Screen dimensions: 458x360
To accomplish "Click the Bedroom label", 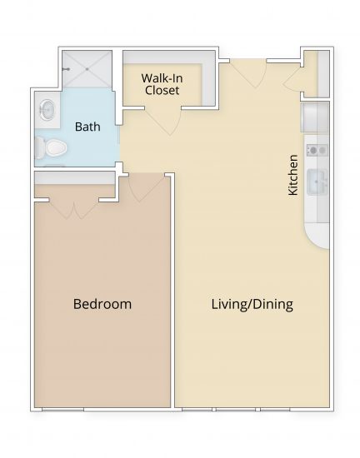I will tap(102, 304).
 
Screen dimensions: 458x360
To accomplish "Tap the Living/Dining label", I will tap(251, 304).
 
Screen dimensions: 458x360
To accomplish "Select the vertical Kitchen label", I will tap(292, 174).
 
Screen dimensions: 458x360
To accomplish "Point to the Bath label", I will tap(88, 127).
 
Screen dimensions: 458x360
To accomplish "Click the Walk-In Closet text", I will tap(162, 82).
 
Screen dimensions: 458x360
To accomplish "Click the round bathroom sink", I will tap(47, 109).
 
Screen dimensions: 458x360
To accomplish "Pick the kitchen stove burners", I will tap(316, 150).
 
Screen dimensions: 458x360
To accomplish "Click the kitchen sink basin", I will tap(317, 181).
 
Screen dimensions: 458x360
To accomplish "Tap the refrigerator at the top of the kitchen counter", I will tap(316, 117).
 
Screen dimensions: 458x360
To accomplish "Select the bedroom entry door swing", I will tap(142, 190).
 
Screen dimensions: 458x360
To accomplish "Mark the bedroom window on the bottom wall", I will tap(67, 409).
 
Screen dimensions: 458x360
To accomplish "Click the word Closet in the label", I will tap(162, 90).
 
